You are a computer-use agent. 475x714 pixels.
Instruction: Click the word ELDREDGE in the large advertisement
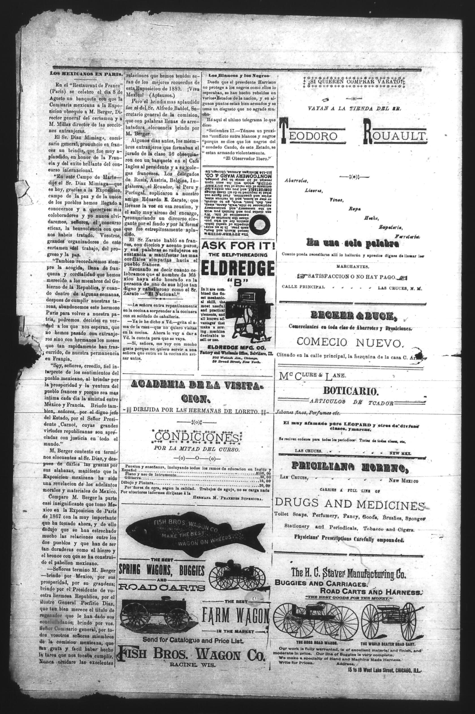click(237, 268)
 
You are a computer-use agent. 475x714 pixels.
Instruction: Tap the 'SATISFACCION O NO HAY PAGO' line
click(351, 277)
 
